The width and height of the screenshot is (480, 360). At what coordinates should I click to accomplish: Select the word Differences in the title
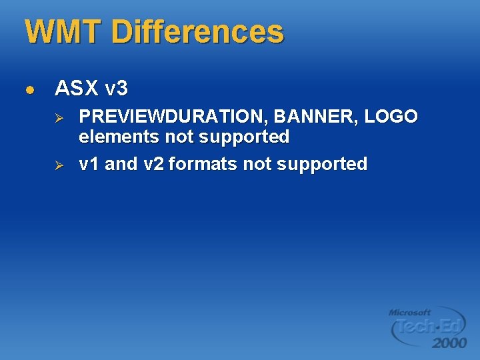point(197,32)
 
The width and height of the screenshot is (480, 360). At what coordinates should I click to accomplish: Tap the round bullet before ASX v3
point(28,89)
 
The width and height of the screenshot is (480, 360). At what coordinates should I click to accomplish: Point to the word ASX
point(77,88)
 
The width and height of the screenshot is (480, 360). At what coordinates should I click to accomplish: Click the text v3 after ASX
point(116,88)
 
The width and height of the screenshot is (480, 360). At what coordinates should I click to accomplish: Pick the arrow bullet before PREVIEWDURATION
point(58,117)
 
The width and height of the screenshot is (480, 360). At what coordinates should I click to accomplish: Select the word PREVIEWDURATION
point(173,117)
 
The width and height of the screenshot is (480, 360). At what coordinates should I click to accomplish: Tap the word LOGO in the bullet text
point(393,117)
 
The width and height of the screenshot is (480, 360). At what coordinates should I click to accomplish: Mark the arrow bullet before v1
point(58,164)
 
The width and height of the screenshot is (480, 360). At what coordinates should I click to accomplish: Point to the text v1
point(89,164)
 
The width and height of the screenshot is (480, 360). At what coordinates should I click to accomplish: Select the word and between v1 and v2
point(121,164)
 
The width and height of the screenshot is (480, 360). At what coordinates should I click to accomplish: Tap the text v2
point(153,164)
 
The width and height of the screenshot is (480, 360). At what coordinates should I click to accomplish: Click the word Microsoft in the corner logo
point(410,312)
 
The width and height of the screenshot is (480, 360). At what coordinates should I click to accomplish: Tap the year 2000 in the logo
point(449,343)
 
